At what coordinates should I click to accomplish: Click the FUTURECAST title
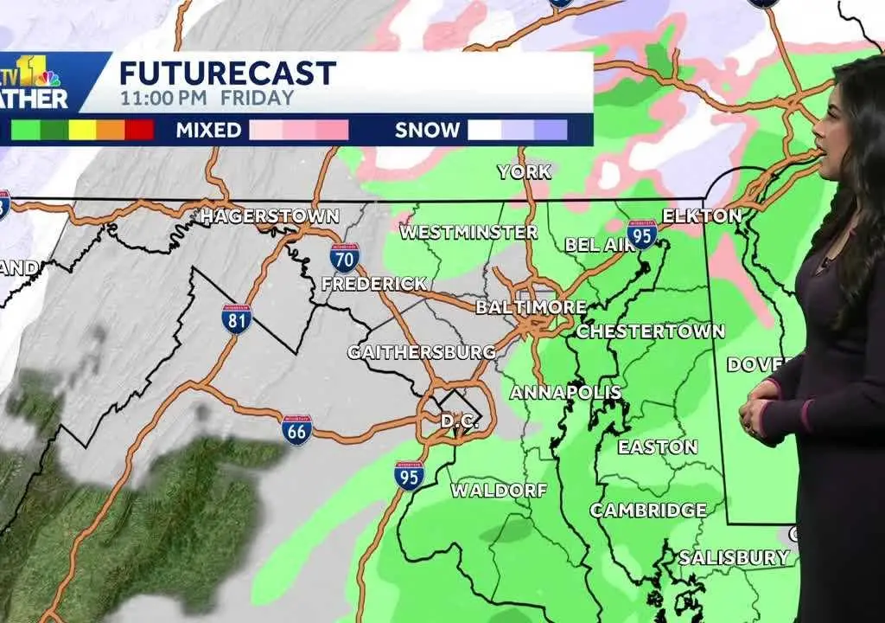(227, 73)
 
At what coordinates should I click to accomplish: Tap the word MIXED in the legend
(208, 131)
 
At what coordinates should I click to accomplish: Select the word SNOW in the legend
(427, 131)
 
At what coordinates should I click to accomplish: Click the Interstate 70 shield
(344, 257)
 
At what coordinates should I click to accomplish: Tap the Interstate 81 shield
(237, 319)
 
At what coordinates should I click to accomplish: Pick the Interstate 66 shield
(296, 429)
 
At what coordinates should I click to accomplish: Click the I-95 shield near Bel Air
(641, 234)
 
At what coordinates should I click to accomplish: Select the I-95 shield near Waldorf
(409, 476)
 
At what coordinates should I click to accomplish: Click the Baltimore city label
(531, 307)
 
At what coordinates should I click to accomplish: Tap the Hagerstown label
(269, 216)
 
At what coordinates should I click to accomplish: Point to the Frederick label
(374, 284)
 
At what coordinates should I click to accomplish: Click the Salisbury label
(734, 557)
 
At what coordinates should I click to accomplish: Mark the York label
(524, 171)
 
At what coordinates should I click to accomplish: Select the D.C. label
(459, 421)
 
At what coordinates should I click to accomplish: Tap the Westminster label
(468, 232)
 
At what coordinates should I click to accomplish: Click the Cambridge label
(648, 511)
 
